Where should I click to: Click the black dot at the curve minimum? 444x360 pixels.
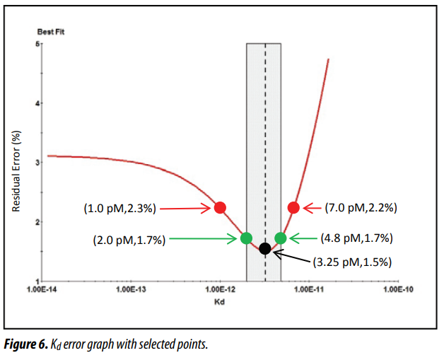click(265, 249)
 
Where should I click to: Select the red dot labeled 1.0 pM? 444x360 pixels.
click(220, 208)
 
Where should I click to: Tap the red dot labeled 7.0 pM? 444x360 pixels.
click(293, 208)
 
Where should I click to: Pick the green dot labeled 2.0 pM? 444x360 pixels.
click(246, 238)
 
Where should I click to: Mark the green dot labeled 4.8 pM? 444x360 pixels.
click(281, 238)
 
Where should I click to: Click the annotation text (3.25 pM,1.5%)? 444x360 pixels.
click(352, 262)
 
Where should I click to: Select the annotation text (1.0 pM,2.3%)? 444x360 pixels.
click(119, 209)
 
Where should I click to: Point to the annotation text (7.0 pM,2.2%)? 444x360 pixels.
click(361, 208)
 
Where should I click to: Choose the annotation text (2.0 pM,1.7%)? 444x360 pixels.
click(129, 240)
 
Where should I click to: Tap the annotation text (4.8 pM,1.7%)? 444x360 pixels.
click(357, 238)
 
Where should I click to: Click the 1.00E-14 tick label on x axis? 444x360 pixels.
click(42, 289)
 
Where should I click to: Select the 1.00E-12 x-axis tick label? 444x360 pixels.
click(221, 289)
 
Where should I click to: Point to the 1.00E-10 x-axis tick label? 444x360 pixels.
click(399, 289)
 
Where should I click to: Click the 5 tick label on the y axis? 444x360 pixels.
click(37, 44)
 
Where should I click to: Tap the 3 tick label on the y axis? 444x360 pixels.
click(37, 162)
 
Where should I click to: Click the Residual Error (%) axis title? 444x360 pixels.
click(16, 171)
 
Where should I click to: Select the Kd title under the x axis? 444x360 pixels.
click(219, 302)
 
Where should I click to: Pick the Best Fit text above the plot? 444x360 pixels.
click(51, 32)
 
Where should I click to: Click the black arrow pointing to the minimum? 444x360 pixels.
click(292, 256)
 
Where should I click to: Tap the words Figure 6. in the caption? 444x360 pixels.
click(25, 344)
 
